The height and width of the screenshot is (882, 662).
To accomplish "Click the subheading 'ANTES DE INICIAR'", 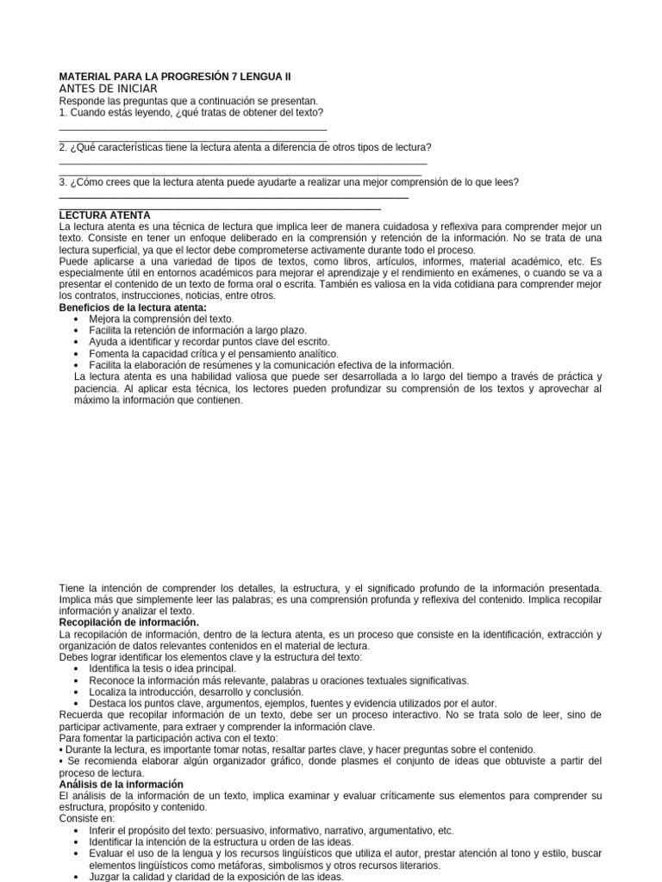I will click(x=108, y=90).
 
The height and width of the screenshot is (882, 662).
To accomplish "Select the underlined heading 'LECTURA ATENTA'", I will click(x=104, y=215).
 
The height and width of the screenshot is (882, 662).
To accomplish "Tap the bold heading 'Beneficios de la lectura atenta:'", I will click(x=133, y=307).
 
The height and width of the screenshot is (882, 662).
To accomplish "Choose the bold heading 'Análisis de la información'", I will click(x=122, y=784).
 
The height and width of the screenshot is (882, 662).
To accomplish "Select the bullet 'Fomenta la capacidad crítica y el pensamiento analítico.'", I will click(x=214, y=353).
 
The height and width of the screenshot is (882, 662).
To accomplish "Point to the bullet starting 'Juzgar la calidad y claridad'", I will click(x=216, y=877).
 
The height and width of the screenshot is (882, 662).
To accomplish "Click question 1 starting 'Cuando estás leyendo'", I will click(x=190, y=113).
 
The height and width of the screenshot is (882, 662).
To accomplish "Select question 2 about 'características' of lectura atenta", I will click(x=245, y=147).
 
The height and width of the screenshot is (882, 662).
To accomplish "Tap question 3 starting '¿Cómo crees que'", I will click(x=289, y=182).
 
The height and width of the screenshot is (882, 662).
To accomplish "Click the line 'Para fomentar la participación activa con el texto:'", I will click(x=168, y=738).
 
